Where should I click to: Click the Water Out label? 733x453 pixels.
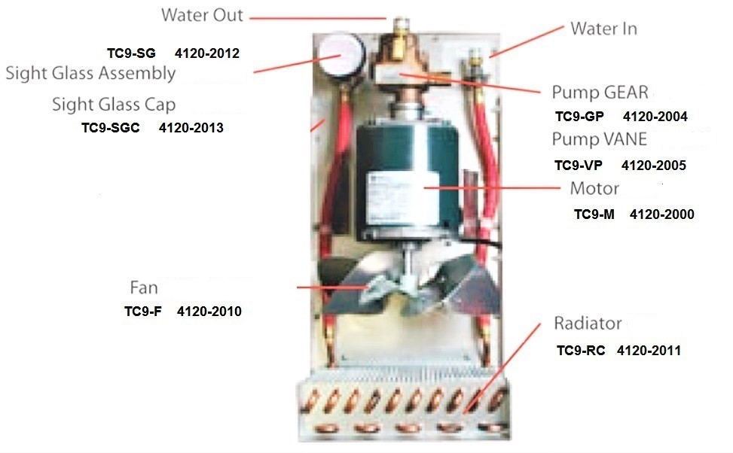[202, 15]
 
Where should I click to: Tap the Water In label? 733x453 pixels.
[603, 29]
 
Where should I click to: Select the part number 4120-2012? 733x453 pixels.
[207, 53]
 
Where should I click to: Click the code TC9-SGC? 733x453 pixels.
[110, 127]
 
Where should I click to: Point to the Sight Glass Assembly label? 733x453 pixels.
[90, 73]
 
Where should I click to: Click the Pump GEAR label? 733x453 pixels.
[600, 93]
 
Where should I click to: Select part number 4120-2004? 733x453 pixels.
[655, 117]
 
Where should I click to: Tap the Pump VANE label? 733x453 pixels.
[600, 139]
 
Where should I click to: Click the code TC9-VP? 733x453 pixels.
[579, 166]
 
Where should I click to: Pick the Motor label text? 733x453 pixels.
[594, 188]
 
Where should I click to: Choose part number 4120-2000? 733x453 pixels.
[662, 214]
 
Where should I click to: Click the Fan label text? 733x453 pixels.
[144, 287]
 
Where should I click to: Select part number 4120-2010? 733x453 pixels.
[209, 312]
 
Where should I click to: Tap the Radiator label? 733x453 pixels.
[588, 323]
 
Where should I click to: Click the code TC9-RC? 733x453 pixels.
[581, 350]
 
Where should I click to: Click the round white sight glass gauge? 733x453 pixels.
[341, 54]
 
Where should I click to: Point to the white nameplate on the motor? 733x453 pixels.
[403, 198]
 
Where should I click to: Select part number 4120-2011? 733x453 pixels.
[649, 350]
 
